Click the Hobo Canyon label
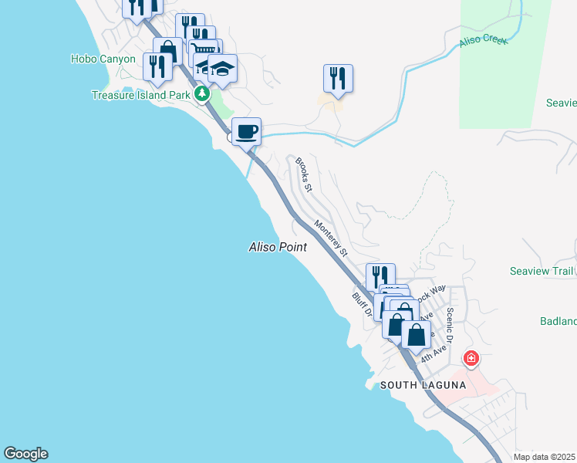coord(103,59)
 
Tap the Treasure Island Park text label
coord(140,95)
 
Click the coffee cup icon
coord(246,131)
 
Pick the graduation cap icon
coord(222,69)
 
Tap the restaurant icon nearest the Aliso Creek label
coord(338,78)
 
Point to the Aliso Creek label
coord(484,40)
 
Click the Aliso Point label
coord(278,248)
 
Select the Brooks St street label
coord(304,176)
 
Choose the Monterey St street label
coord(331,237)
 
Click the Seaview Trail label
coord(542,271)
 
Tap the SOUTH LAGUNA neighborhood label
coord(420,385)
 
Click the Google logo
coord(25,454)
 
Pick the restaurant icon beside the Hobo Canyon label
coord(157,66)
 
